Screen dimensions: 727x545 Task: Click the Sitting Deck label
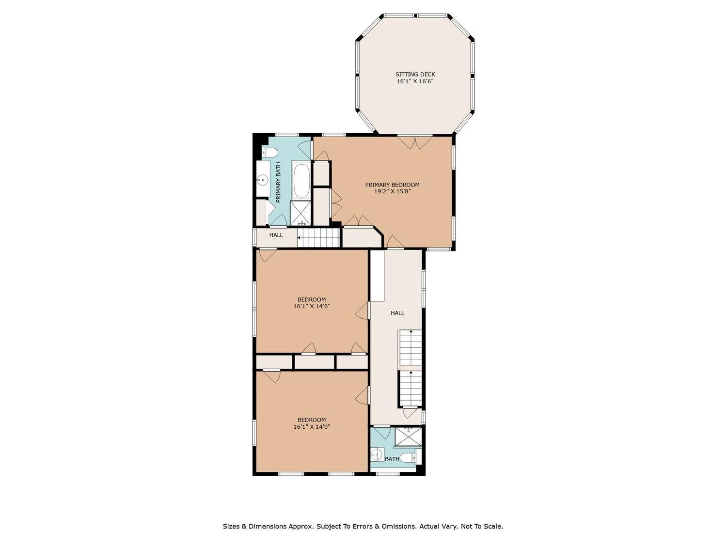coord(415,75)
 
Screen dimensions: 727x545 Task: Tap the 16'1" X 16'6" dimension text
coord(415,81)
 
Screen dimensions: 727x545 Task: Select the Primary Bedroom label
coord(392,185)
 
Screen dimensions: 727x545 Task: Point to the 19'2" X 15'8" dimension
coord(392,191)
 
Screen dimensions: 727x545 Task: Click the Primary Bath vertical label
coord(278,182)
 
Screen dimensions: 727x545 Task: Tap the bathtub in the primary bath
coord(301,180)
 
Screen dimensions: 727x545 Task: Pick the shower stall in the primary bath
coord(301,213)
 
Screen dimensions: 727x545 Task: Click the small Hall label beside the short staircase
coord(276,235)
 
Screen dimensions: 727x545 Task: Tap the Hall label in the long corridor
coord(397,313)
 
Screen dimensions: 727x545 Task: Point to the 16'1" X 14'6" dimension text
coord(312,307)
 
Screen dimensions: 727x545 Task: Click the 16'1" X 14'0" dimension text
coord(312,427)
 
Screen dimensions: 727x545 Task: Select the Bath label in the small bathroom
coord(392,459)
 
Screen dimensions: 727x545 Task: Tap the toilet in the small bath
coord(410,458)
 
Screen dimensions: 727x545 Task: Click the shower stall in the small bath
coord(409,437)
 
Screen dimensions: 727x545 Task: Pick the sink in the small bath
coord(377,454)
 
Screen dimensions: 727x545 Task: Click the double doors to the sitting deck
coord(415,141)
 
